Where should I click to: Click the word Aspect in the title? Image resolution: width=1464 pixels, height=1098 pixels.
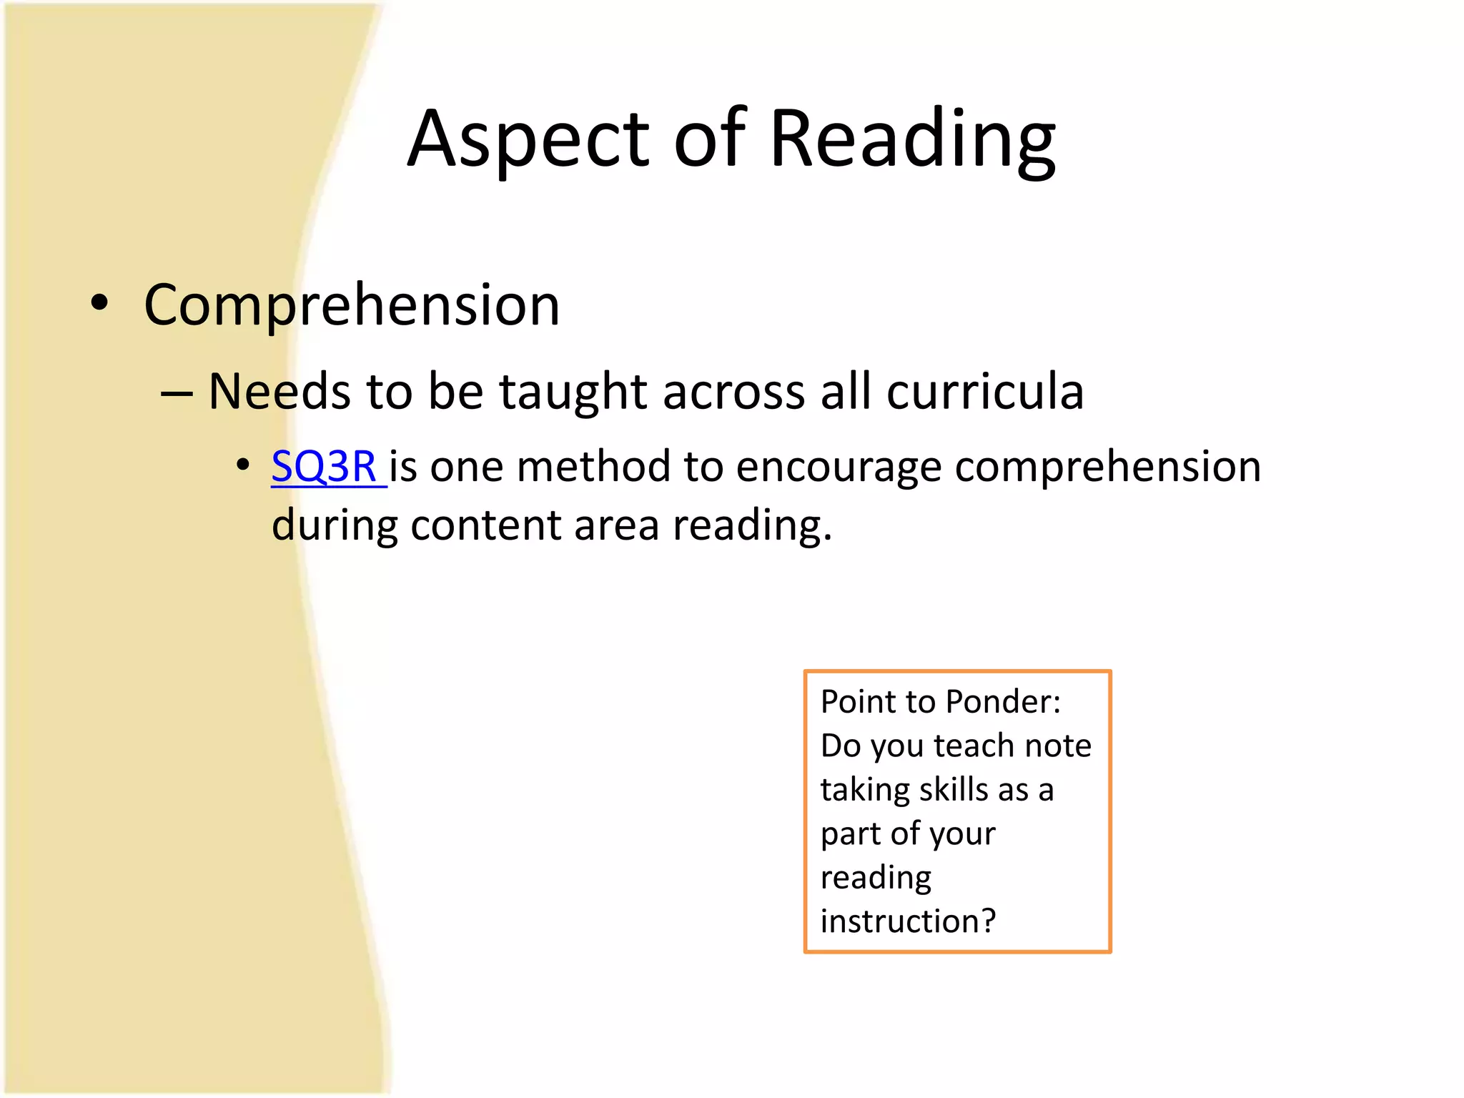pyautogui.click(x=528, y=139)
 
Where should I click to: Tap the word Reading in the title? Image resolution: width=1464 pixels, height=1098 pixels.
pyautogui.click(x=912, y=139)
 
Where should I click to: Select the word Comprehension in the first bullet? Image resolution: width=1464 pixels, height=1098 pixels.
pyautogui.click(x=352, y=305)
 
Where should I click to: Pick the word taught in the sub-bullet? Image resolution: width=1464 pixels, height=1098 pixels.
pyautogui.click(x=573, y=392)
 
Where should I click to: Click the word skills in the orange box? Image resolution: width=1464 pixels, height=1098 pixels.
pyautogui.click(x=953, y=790)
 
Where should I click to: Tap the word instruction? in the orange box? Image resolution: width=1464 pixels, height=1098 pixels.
pyautogui.click(x=908, y=921)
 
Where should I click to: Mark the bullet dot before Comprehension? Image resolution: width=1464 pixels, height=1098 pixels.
pyautogui.click(x=99, y=303)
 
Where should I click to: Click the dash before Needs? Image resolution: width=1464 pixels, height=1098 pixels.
pyautogui.click(x=177, y=393)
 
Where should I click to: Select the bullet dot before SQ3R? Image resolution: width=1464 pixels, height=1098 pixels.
pyautogui.click(x=243, y=466)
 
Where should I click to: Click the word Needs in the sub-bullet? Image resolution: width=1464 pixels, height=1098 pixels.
pyautogui.click(x=280, y=392)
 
